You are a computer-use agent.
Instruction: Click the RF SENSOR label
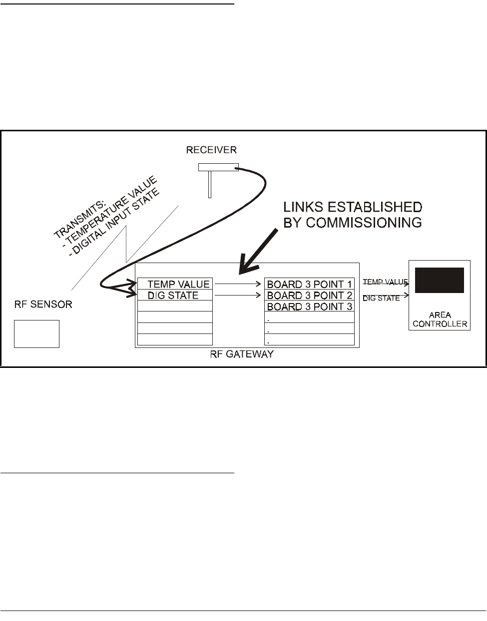coord(42,304)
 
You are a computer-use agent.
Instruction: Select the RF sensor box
coord(36,333)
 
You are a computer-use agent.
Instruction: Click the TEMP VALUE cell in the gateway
coord(175,284)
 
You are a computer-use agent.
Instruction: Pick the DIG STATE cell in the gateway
coord(175,296)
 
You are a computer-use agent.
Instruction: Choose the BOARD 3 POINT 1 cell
coord(309,284)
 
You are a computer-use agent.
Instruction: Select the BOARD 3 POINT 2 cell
coord(309,296)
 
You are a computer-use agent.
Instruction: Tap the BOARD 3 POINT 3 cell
coord(309,307)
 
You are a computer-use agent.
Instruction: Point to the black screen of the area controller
coord(439,280)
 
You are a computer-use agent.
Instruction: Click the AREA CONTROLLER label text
coord(440,319)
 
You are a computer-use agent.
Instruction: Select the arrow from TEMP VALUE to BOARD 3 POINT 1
coord(238,284)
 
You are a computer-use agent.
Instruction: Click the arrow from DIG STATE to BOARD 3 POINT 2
coord(238,296)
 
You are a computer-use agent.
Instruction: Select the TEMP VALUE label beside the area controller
coord(385,282)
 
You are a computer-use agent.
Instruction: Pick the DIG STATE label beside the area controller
coord(381,298)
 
